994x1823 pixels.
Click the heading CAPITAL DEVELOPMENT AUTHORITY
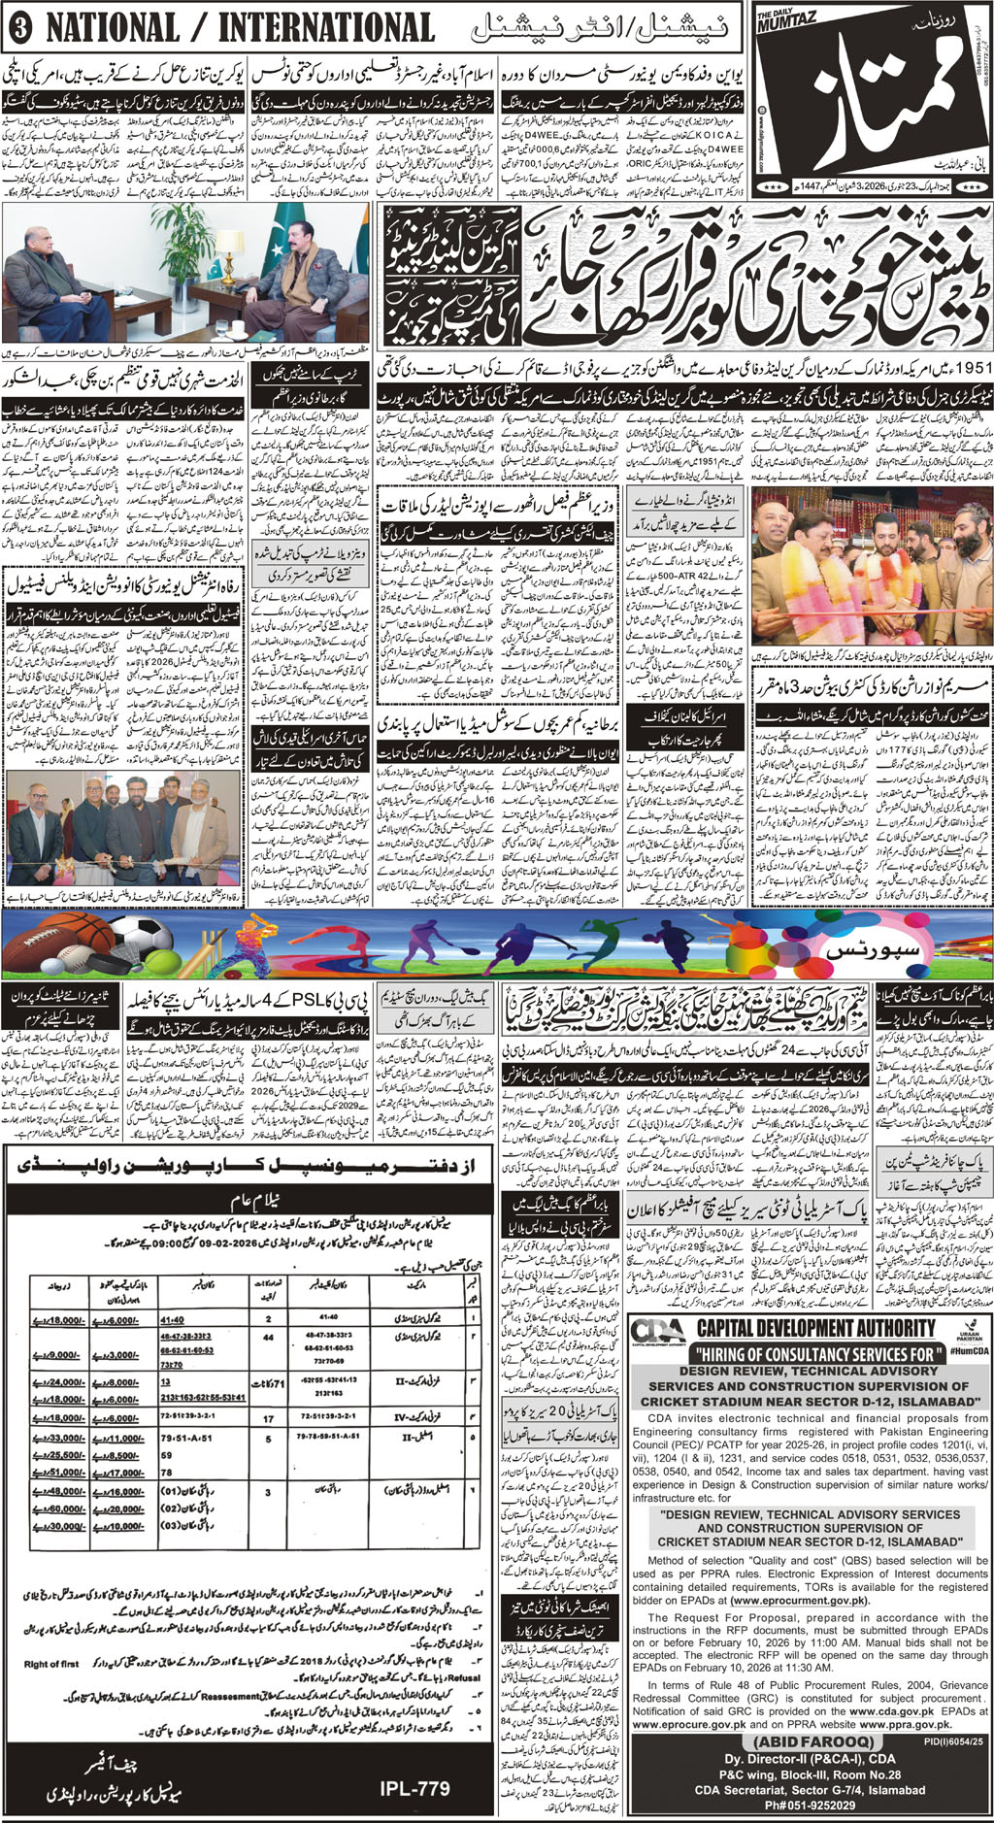(815, 1328)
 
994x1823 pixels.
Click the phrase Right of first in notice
(51, 1665)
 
